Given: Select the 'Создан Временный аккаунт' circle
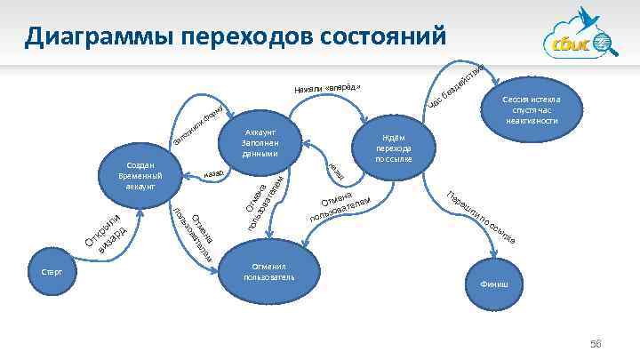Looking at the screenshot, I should (x=141, y=176).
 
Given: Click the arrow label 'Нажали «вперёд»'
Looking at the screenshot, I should (x=328, y=88).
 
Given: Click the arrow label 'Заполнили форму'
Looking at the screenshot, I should (x=202, y=126).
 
